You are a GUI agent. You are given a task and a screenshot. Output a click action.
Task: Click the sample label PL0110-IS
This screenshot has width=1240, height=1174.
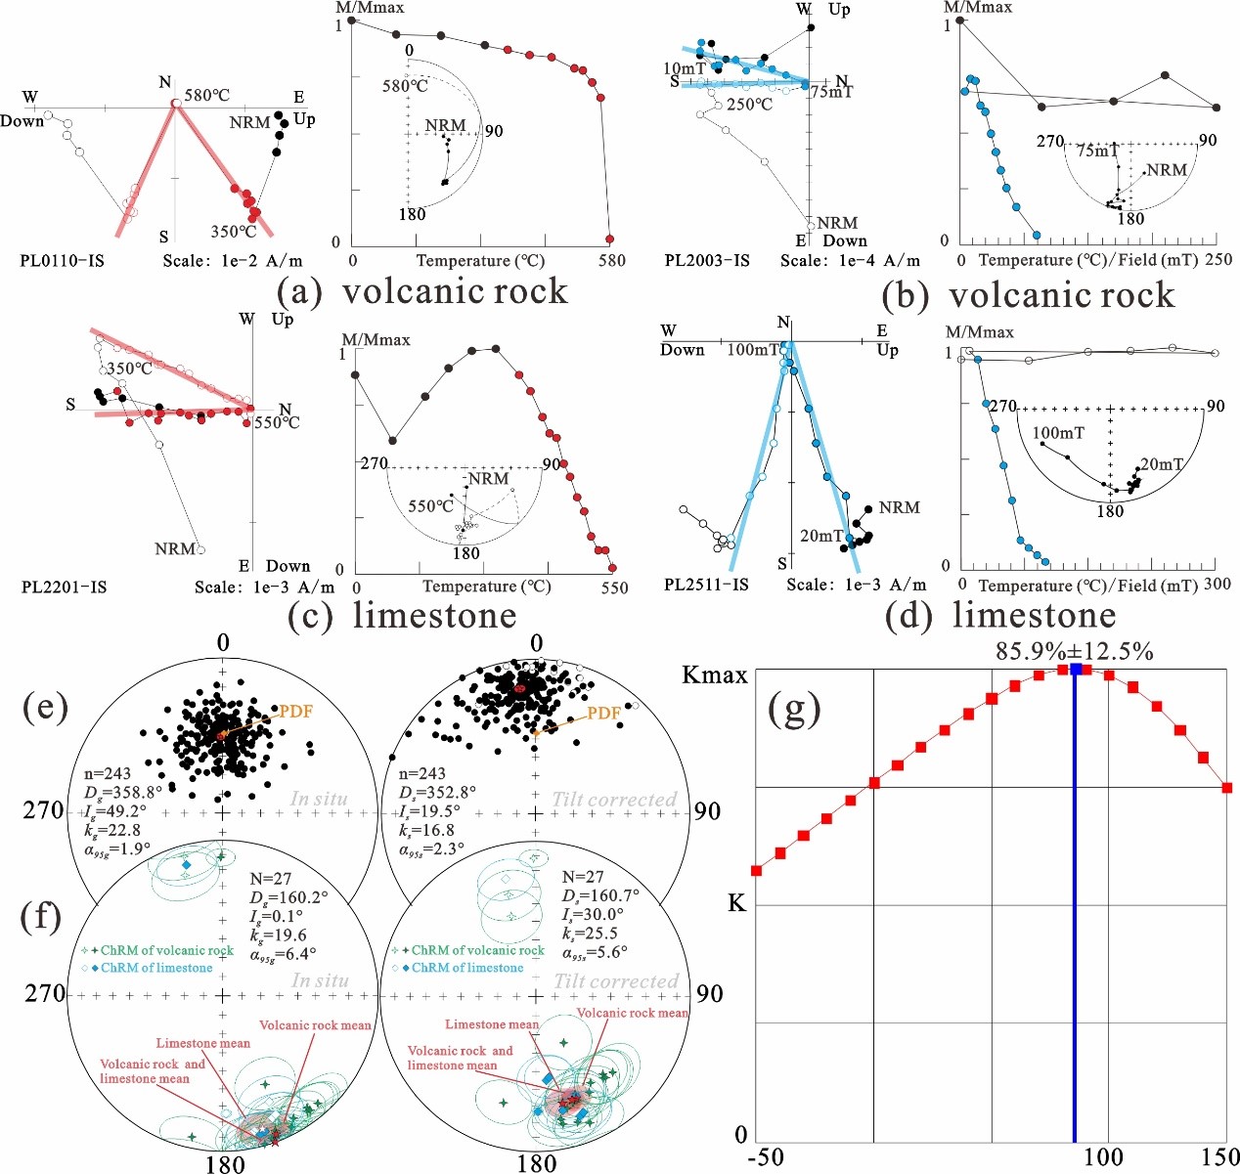pos(62,261)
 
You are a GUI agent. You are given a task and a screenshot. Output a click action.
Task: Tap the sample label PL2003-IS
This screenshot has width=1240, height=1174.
pos(707,261)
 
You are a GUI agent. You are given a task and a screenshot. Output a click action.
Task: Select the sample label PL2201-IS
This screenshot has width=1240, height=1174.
pos(64,587)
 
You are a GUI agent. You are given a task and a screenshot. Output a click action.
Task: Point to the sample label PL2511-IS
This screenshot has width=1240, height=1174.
pos(706,585)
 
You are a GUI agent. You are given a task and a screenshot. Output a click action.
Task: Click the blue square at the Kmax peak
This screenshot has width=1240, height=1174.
pos(1076,669)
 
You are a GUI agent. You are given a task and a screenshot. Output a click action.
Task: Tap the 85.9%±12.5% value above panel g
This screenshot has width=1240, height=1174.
pos(1074,650)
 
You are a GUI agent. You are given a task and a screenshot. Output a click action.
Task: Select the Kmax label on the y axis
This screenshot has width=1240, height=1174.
pos(714,675)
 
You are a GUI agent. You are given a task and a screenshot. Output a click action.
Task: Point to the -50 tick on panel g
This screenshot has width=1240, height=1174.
pos(765,1157)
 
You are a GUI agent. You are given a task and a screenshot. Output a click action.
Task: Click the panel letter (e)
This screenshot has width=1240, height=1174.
pos(45,707)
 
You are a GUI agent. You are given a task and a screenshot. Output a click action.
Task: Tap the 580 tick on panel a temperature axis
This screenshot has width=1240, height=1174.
pos(611,261)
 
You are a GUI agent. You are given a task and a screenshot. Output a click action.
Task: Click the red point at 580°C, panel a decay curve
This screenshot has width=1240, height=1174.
pos(609,239)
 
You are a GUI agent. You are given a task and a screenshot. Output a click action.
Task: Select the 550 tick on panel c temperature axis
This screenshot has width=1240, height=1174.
pos(614,587)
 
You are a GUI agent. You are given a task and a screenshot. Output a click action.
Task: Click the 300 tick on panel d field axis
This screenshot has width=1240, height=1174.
pos(1217,585)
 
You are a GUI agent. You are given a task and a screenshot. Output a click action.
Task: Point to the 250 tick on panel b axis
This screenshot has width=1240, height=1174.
pos(1218,260)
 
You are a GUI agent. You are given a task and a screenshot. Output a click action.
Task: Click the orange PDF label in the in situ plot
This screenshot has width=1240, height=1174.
pos(295,712)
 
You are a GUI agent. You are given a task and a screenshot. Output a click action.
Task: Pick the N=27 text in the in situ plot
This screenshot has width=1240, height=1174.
pos(270,879)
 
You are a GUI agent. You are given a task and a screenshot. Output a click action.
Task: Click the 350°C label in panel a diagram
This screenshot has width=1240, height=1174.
pos(234,232)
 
